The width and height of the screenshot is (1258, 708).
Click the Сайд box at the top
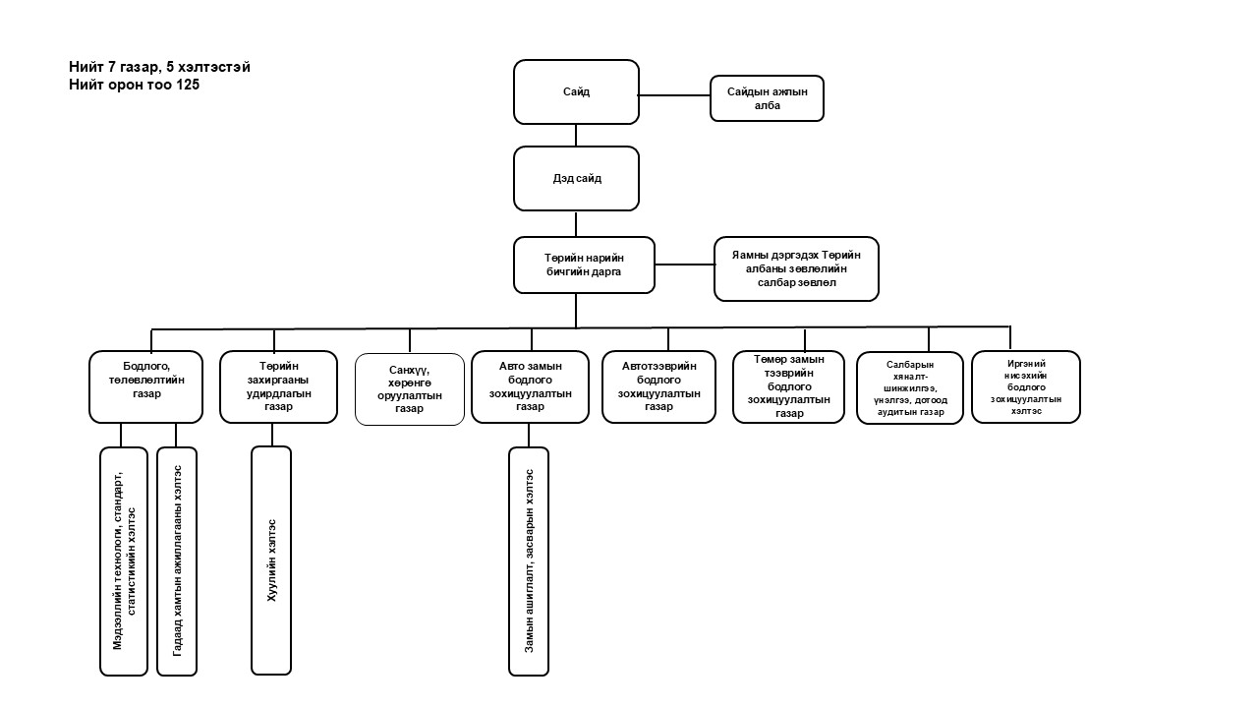(x=576, y=91)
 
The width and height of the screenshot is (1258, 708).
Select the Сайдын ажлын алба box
(x=767, y=98)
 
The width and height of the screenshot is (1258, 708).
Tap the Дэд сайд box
(x=576, y=178)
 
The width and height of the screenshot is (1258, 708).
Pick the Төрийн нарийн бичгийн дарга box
(x=584, y=265)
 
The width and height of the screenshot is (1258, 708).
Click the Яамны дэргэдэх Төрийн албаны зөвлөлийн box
(x=796, y=267)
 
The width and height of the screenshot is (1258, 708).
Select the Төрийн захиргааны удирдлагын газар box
(x=278, y=386)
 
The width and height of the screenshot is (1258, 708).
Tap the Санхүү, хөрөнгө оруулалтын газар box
(x=409, y=389)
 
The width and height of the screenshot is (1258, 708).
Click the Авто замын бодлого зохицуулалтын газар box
(x=530, y=386)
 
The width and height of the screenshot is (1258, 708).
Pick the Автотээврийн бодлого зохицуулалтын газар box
(x=658, y=386)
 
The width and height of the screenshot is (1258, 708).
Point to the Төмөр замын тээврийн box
(x=788, y=386)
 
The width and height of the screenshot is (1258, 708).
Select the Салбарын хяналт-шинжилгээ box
(x=909, y=387)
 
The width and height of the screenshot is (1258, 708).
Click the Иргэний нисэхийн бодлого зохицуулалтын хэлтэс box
(x=1025, y=386)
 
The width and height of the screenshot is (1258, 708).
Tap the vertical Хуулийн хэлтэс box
(x=271, y=560)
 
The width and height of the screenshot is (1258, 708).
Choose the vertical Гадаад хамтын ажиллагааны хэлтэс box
(x=177, y=561)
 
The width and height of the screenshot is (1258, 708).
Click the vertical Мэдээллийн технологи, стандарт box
(x=123, y=561)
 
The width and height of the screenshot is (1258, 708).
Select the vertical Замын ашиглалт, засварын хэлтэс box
(x=529, y=561)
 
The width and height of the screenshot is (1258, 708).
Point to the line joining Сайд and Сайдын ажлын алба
(x=674, y=95)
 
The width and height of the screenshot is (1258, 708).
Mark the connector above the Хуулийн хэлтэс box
(x=271, y=435)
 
